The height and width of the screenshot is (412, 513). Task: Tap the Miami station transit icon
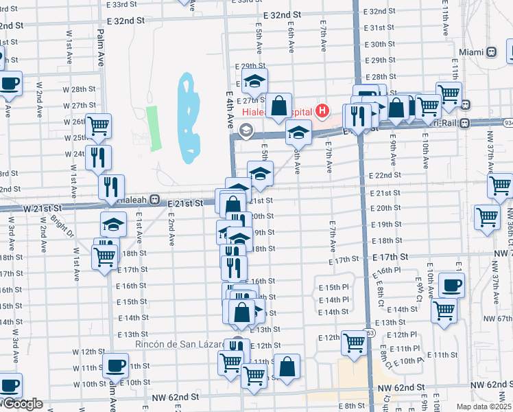[491, 52]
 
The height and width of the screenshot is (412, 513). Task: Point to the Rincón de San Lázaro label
[176, 343]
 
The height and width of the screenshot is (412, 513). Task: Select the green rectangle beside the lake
[154, 128]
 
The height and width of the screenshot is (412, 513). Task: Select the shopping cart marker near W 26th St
[99, 126]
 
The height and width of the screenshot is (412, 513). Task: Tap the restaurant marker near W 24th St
[98, 157]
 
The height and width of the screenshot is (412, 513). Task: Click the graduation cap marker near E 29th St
[254, 81]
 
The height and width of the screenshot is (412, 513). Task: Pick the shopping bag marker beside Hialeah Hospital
[278, 106]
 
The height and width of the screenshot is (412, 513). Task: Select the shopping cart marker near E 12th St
[354, 342]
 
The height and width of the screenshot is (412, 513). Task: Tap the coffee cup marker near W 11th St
[115, 365]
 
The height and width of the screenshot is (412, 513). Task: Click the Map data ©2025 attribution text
[484, 407]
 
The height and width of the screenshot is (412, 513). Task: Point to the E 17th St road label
[391, 256]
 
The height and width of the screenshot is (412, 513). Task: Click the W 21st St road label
[43, 207]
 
